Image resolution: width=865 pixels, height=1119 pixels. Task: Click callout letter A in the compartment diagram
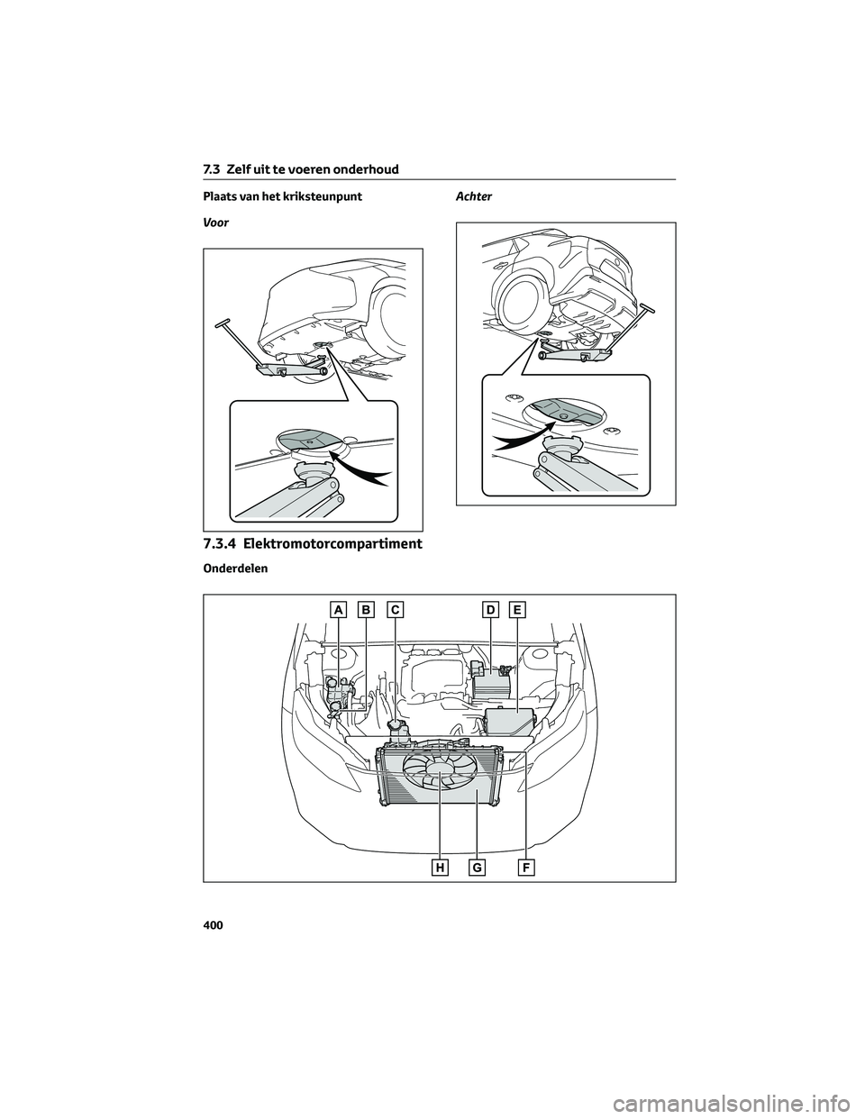coord(338,610)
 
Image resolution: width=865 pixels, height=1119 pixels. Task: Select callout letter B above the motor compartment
coord(366,610)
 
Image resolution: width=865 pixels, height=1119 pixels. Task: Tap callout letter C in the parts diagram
coord(394,610)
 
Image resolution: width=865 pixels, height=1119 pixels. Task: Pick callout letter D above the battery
coord(490,610)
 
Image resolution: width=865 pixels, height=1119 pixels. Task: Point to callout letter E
coord(518,610)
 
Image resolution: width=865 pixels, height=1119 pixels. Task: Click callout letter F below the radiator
coord(525,869)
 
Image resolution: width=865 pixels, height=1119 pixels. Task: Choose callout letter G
coord(478,869)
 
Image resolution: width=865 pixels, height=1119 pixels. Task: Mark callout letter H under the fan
coord(440,869)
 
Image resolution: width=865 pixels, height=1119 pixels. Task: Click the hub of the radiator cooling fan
coord(439,778)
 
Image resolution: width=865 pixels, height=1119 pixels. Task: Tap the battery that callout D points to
coord(492,686)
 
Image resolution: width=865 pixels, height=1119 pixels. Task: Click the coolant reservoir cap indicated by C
coord(395,728)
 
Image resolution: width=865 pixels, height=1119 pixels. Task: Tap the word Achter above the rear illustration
coord(474,196)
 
